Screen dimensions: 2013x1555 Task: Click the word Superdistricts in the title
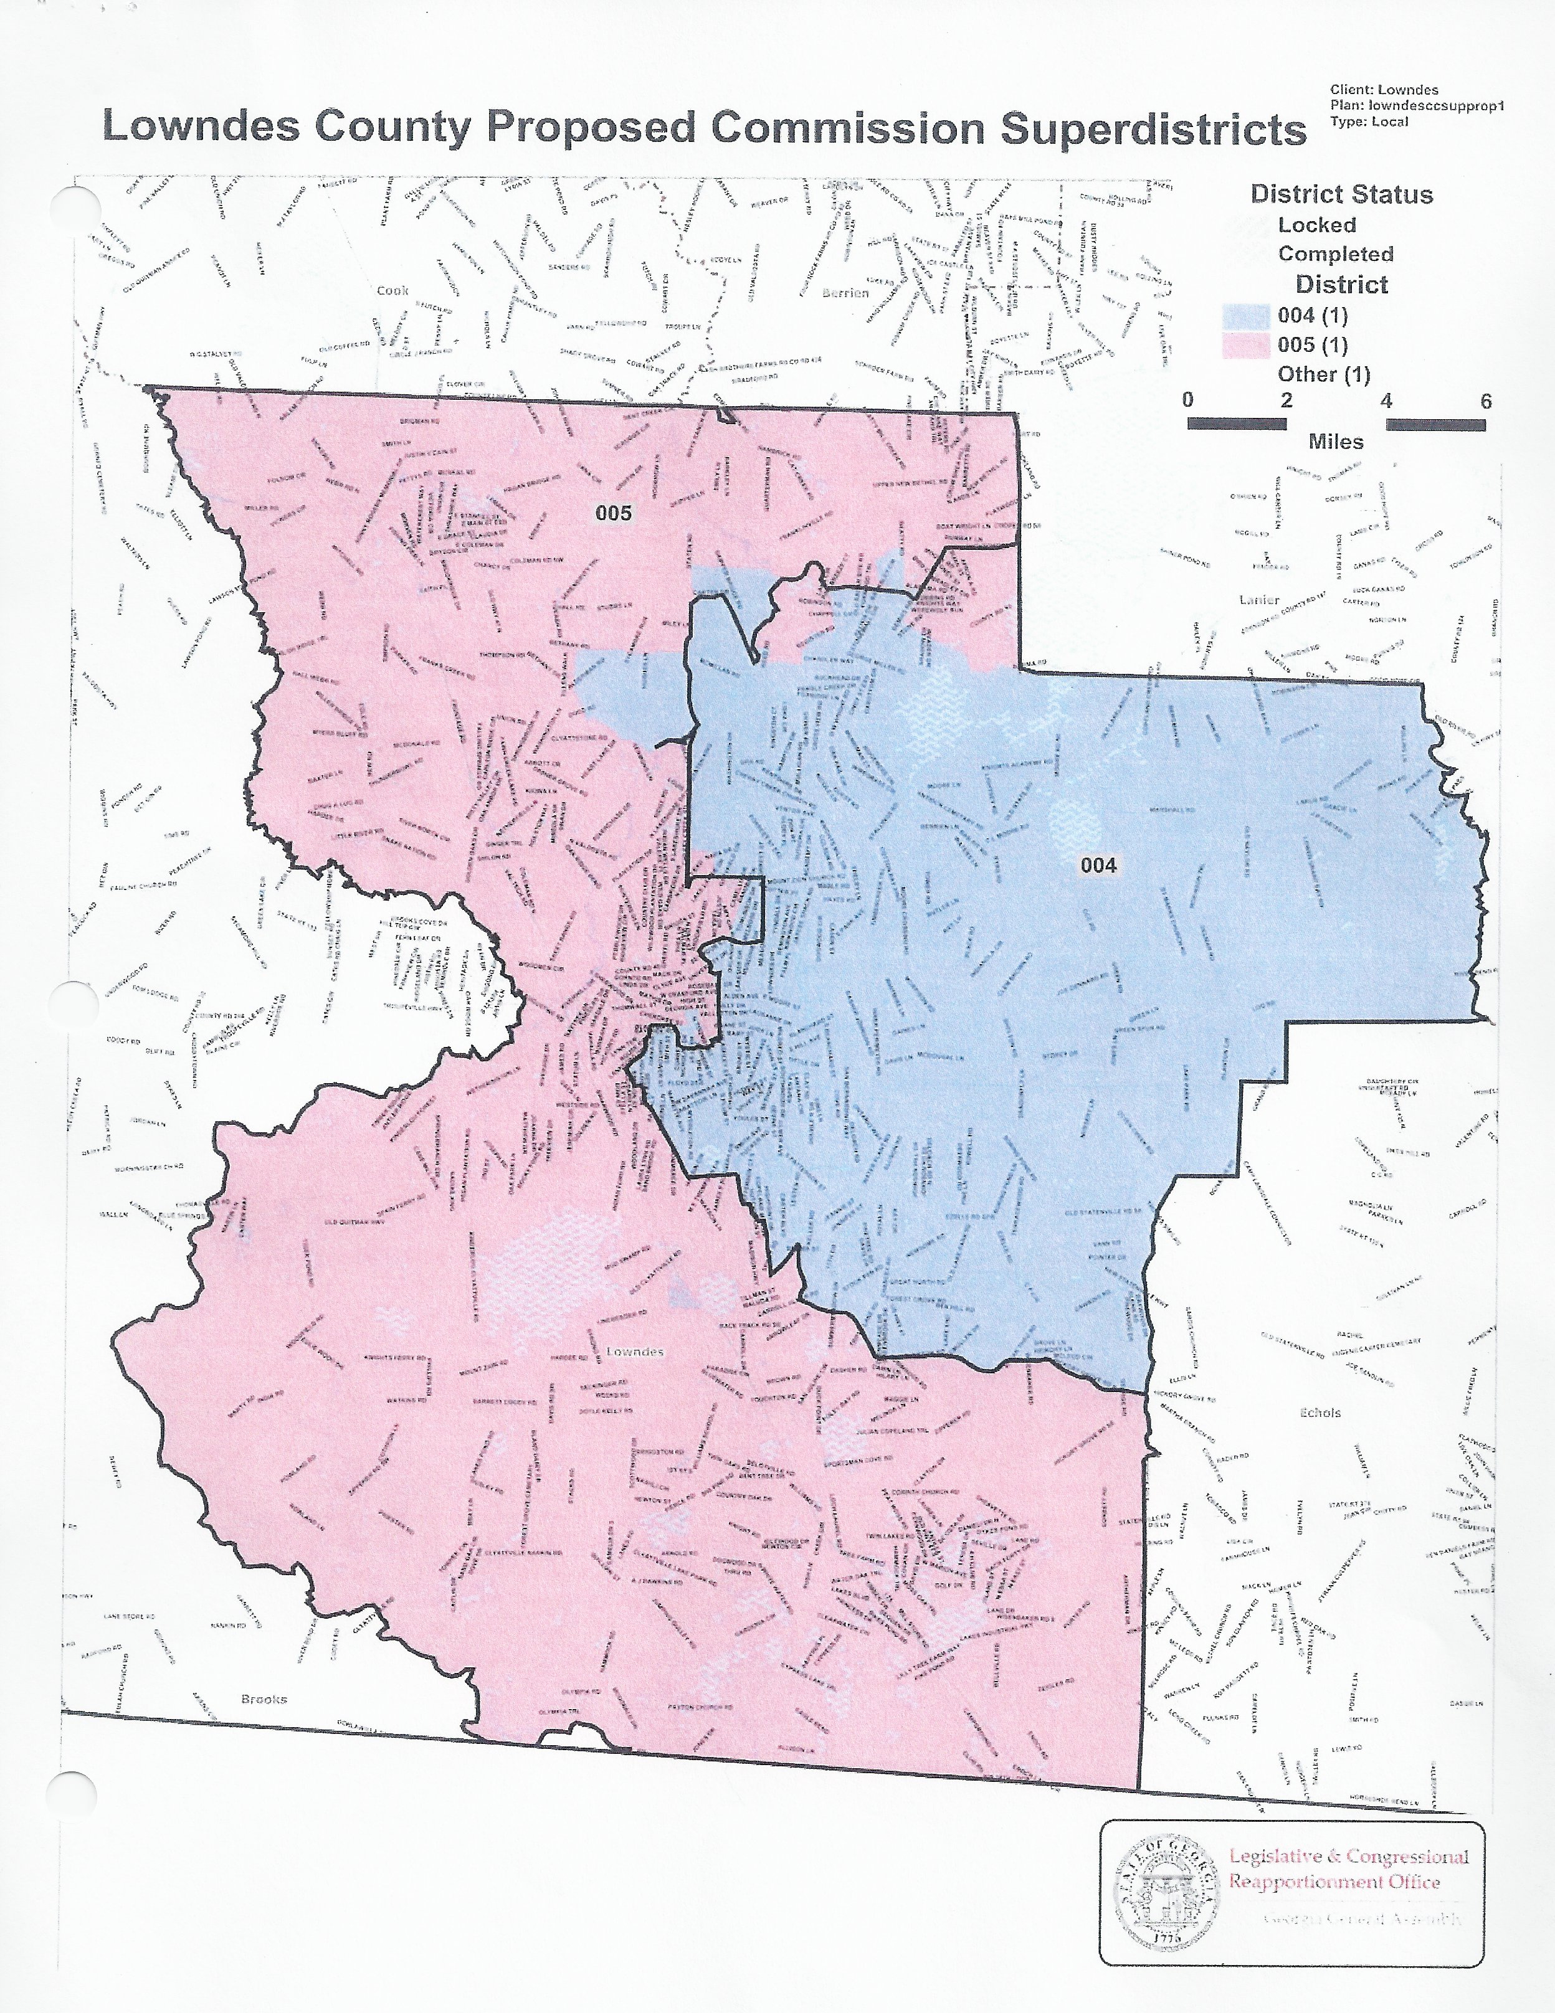[x=1153, y=128]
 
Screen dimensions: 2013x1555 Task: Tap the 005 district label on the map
[x=613, y=513]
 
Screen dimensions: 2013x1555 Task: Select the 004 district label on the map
[x=1098, y=864]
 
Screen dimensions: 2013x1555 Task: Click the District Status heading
[x=1341, y=194]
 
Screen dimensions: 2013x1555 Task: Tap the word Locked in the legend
[x=1316, y=225]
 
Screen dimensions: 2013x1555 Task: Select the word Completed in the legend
[x=1334, y=253]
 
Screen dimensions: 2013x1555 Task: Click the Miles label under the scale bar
[x=1334, y=442]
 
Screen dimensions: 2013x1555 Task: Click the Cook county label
[x=392, y=290]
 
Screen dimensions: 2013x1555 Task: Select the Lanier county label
[x=1259, y=600]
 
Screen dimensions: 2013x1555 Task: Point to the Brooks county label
[x=264, y=1698]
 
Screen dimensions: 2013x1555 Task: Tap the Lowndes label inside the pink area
[x=634, y=1351]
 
